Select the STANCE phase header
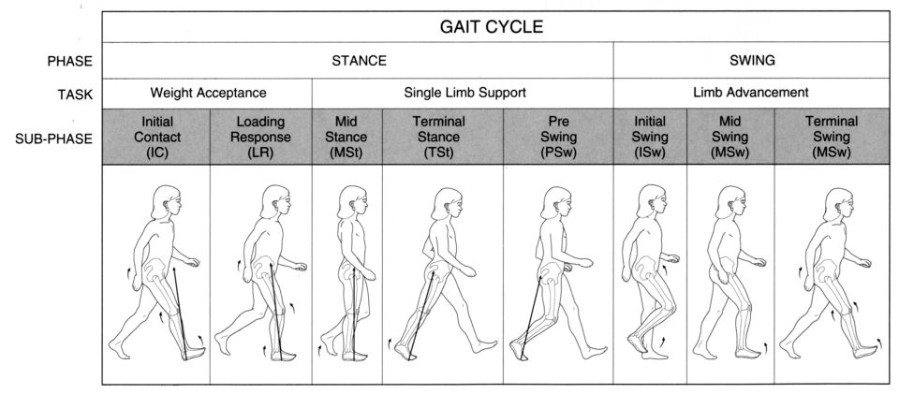pyautogui.click(x=359, y=61)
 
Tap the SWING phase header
pyautogui.click(x=752, y=61)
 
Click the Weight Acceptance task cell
pyautogui.click(x=207, y=93)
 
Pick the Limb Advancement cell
pyautogui.click(x=752, y=93)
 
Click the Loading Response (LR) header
pyautogui.click(x=260, y=137)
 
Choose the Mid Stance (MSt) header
pyautogui.click(x=346, y=137)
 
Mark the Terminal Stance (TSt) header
pyautogui.click(x=443, y=137)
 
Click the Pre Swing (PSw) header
pyautogui.click(x=558, y=137)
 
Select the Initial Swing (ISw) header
pyautogui.click(x=650, y=137)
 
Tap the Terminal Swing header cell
pyautogui.click(x=833, y=137)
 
